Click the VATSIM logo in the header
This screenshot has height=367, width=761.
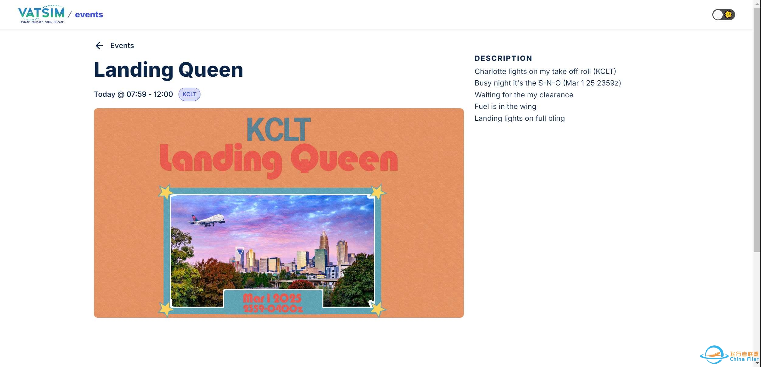pyautogui.click(x=41, y=14)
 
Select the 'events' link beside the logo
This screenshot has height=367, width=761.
pyautogui.click(x=89, y=14)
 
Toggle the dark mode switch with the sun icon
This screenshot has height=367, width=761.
pyautogui.click(x=724, y=15)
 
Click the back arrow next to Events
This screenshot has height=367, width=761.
pyautogui.click(x=99, y=46)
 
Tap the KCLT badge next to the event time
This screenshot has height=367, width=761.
pyautogui.click(x=189, y=94)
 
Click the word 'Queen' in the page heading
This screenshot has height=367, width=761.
pyautogui.click(x=211, y=70)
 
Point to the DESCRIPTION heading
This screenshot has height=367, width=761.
pyautogui.click(x=503, y=58)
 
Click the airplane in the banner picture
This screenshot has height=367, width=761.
pyautogui.click(x=207, y=220)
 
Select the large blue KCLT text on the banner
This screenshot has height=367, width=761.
pyautogui.click(x=279, y=130)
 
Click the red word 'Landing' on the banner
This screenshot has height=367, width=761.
pyautogui.click(x=221, y=160)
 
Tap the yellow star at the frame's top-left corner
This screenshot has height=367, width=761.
pyautogui.click(x=166, y=192)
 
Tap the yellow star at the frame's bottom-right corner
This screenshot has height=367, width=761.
pyautogui.click(x=378, y=309)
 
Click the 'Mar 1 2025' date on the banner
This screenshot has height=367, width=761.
pyautogui.click(x=272, y=298)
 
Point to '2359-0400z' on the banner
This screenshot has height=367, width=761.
pyautogui.click(x=273, y=308)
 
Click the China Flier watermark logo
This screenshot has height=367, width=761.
pyautogui.click(x=729, y=355)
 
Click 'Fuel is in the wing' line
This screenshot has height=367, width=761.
pyautogui.click(x=506, y=107)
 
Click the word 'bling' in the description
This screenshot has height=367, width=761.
pyautogui.click(x=556, y=118)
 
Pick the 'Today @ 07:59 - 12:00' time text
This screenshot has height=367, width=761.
pyautogui.click(x=134, y=94)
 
